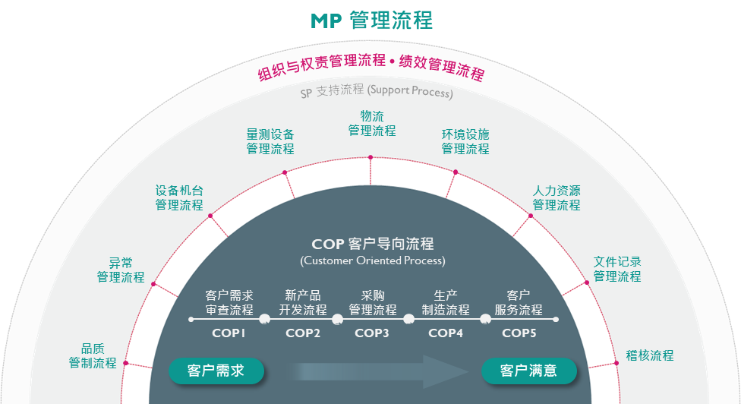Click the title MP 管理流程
coord(371,21)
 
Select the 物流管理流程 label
coord(372,123)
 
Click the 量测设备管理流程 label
coord(270,141)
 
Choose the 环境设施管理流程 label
coord(465,141)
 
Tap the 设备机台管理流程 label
coord(179,197)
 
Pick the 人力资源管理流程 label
coord(557,197)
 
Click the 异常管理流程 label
coord(121,270)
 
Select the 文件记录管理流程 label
coord(617,269)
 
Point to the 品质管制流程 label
coord(93,355)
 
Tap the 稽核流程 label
coord(649,355)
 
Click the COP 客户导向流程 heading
coord(372,245)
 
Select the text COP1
coord(229,333)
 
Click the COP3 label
coord(372,333)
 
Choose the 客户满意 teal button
coord(529,371)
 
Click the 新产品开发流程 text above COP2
coord(302,302)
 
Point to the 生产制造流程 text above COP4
coord(446,302)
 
